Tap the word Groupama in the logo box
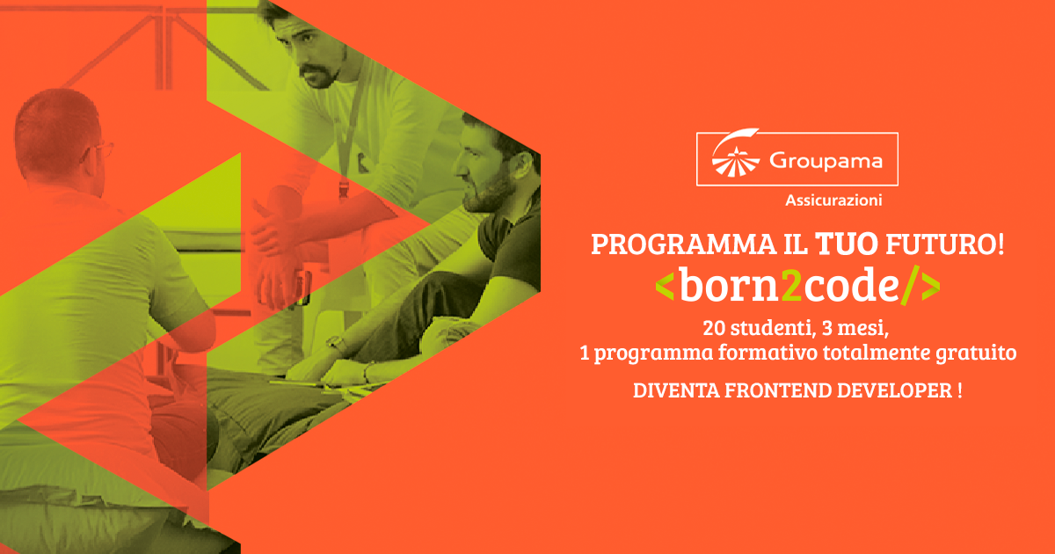[x=826, y=161]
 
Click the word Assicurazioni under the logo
[x=833, y=200]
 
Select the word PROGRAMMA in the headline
[x=683, y=244]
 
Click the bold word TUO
[x=847, y=244]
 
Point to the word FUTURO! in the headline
[x=945, y=244]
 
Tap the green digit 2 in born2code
[x=791, y=285]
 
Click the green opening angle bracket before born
[x=665, y=287]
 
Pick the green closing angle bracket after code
[x=931, y=287]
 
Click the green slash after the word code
[x=910, y=286]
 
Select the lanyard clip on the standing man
[x=344, y=189]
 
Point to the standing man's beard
[x=320, y=77]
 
